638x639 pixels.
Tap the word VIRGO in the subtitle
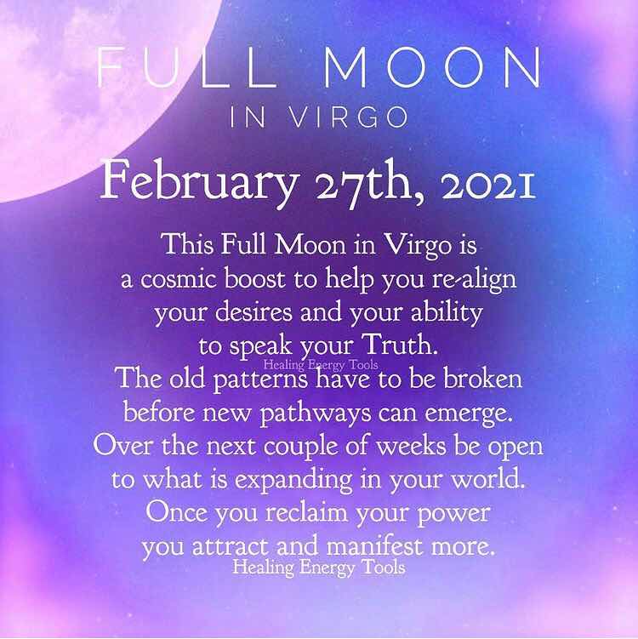tap(348, 117)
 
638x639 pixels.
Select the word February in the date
tap(198, 180)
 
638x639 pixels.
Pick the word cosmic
tap(179, 280)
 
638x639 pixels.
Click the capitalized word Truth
tap(401, 345)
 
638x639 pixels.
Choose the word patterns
tap(260, 380)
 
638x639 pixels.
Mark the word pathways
tap(316, 414)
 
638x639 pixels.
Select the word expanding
tap(293, 481)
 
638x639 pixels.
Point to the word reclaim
tap(307, 512)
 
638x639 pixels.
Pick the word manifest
tap(374, 545)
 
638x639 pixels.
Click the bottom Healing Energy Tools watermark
tap(319, 568)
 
